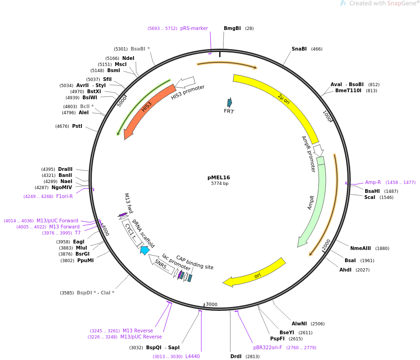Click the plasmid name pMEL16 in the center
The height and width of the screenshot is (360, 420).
click(x=219, y=177)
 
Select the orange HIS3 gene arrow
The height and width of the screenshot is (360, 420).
click(x=146, y=108)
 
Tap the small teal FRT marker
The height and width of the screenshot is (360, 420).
click(x=229, y=103)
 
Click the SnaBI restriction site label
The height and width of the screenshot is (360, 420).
click(x=299, y=49)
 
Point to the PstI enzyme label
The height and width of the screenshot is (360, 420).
click(x=77, y=126)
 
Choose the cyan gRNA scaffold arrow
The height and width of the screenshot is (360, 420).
click(x=145, y=250)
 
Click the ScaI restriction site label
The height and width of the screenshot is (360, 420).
click(x=369, y=197)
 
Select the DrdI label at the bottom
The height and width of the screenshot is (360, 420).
click(x=236, y=356)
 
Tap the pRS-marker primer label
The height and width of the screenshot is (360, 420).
click(x=194, y=28)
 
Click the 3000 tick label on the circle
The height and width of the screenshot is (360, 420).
click(x=212, y=304)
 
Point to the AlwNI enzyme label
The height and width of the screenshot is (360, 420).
click(x=299, y=323)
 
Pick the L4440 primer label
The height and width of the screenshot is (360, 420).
click(x=192, y=356)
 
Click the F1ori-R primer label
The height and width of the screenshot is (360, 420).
click(x=64, y=196)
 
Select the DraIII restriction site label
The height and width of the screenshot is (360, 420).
click(x=65, y=169)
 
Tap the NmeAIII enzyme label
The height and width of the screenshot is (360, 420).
click(x=361, y=248)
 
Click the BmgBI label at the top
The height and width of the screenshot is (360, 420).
click(x=232, y=28)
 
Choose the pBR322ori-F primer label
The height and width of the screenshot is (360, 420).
click(x=267, y=347)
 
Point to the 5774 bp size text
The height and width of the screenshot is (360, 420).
click(x=220, y=184)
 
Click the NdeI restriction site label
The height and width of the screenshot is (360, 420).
click(x=128, y=58)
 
